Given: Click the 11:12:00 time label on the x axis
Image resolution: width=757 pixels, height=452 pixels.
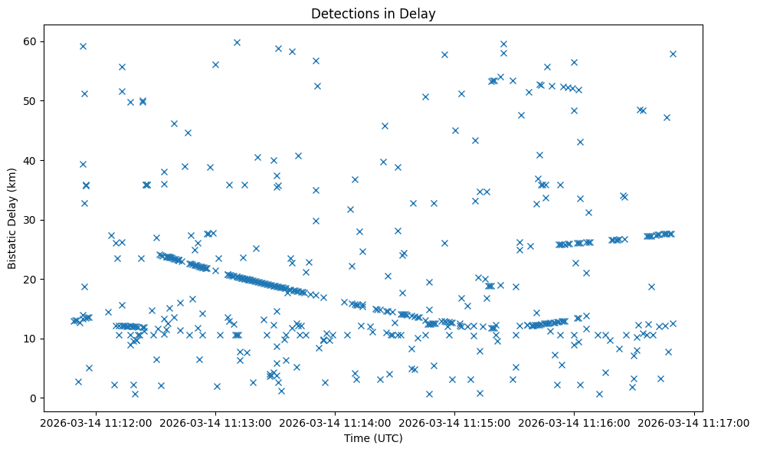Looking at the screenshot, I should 96,423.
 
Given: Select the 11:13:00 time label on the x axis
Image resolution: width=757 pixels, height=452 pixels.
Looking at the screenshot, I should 215,423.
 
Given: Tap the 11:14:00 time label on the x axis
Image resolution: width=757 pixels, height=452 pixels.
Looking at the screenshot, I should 335,423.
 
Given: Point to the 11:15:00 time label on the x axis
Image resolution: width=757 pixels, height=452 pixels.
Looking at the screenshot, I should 454,423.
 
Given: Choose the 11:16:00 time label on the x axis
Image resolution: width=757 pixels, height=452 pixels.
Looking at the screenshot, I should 574,423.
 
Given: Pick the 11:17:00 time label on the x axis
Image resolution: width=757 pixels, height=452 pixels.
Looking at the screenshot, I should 693,423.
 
